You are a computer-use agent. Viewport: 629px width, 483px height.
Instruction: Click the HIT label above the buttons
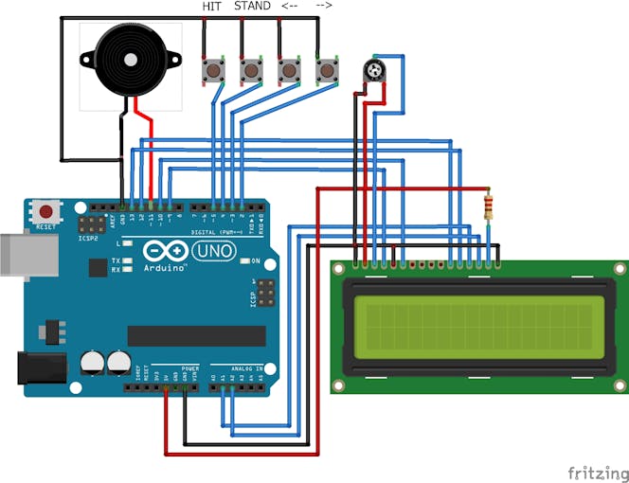[212, 7]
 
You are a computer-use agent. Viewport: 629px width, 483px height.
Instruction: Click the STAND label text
[251, 7]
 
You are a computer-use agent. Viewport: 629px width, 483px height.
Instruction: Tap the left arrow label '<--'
[290, 7]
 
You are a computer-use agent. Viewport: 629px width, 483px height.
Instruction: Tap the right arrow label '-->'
[324, 7]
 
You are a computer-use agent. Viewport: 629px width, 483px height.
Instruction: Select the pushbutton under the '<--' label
[289, 70]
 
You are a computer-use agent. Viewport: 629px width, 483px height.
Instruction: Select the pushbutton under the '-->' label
[327, 70]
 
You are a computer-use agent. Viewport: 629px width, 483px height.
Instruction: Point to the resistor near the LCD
[488, 206]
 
